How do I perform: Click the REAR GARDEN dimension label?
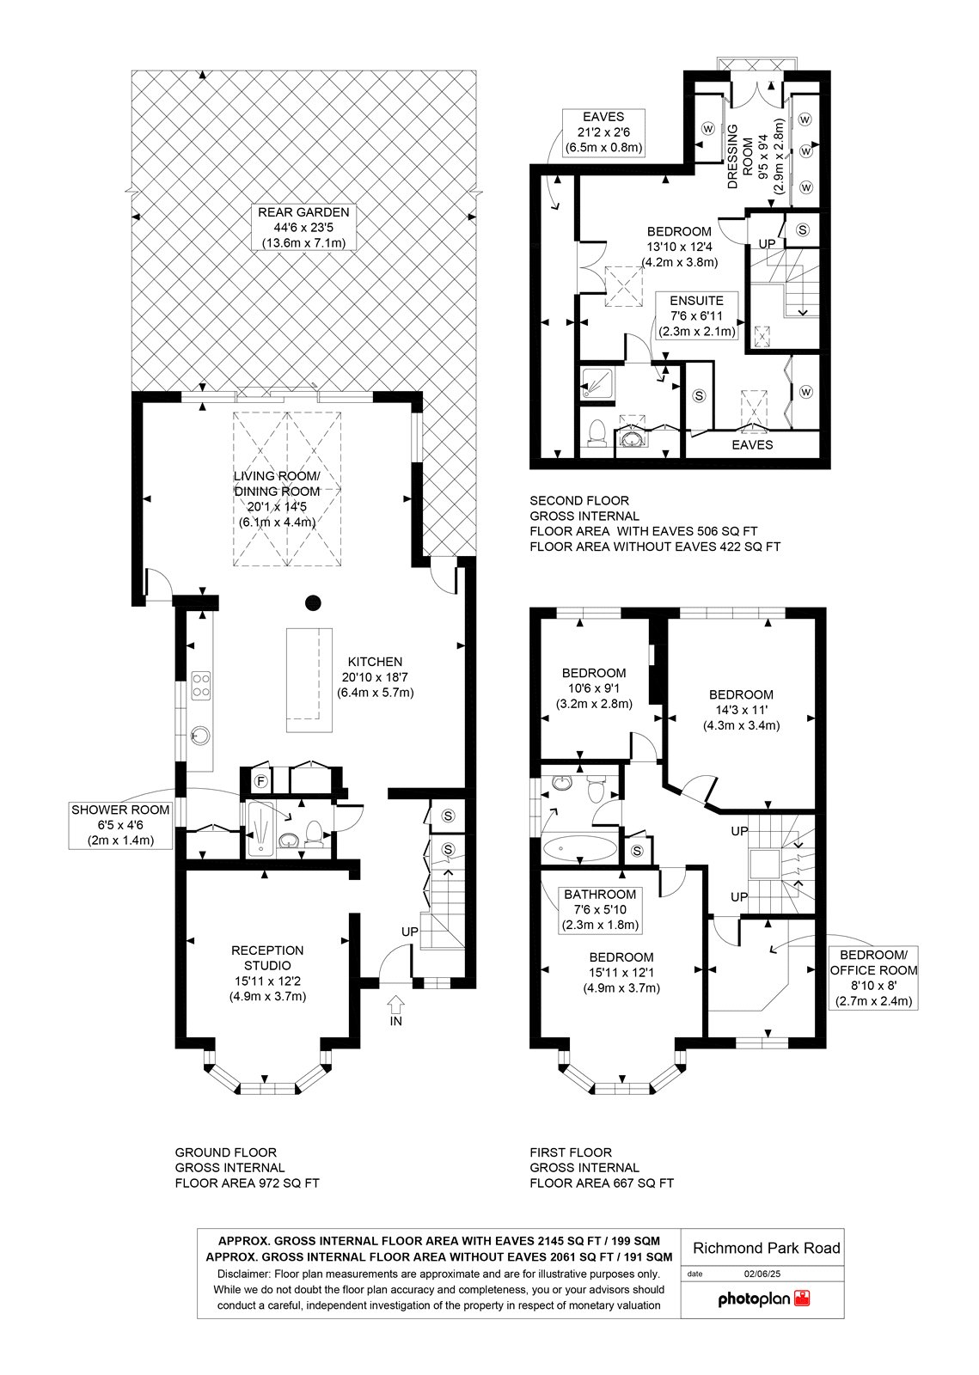[303, 228]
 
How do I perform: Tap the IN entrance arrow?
[396, 1005]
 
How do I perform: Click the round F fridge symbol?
[261, 781]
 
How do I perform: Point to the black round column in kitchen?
[313, 602]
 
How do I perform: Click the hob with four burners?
[201, 686]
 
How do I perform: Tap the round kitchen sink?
[200, 734]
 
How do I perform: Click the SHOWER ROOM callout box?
[120, 825]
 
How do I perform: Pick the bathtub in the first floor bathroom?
[580, 847]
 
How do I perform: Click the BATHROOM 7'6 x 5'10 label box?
[600, 910]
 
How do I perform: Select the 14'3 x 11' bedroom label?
[742, 710]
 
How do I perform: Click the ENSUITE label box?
[697, 316]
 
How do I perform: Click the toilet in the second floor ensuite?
[596, 432]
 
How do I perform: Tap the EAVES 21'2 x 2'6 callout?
[604, 132]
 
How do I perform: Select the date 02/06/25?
[762, 1274]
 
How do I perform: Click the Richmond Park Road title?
[766, 1248]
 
